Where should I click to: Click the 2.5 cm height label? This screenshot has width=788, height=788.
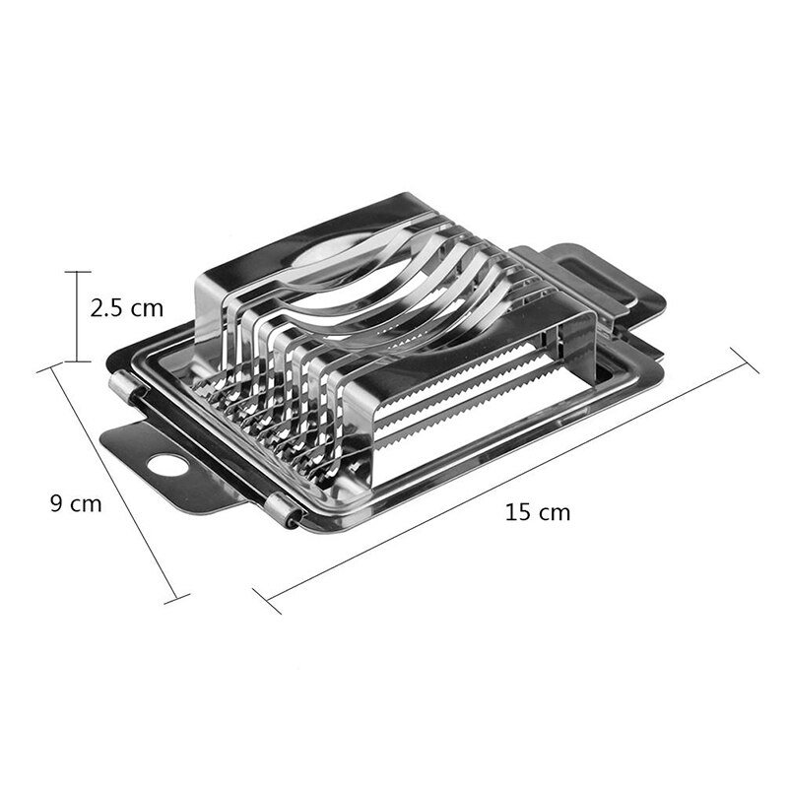point(126,308)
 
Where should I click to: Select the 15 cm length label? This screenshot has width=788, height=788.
point(537,512)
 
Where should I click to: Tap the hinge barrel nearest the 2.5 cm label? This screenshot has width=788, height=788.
point(121,389)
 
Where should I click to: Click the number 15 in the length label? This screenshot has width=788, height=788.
point(517,512)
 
